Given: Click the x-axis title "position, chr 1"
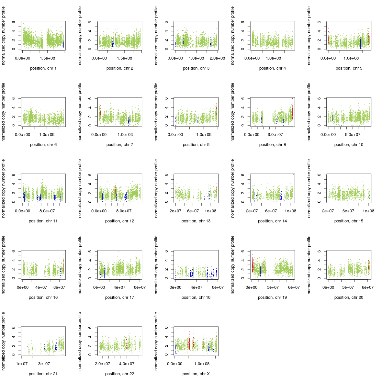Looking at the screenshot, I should (x=43, y=68).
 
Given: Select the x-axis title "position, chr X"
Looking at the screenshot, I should (x=196, y=374).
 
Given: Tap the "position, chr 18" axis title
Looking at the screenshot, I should (x=196, y=298).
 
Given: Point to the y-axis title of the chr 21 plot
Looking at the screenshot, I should (x=4, y=341).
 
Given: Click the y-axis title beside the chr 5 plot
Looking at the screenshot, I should (x=309, y=36).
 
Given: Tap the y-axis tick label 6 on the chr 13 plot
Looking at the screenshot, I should (x=166, y=175).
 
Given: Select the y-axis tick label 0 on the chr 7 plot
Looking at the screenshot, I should (x=90, y=126).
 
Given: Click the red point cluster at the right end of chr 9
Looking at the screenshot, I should (x=292, y=112).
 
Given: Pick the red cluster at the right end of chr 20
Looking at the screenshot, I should (x=368, y=267).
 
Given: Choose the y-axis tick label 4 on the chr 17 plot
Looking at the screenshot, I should (x=90, y=260).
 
